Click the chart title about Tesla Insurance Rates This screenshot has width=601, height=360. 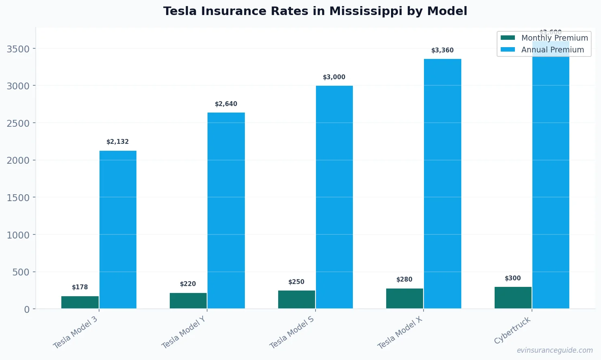pos(315,11)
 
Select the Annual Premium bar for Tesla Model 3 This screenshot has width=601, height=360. pos(118,230)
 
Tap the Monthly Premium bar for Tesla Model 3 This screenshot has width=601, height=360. pos(80,302)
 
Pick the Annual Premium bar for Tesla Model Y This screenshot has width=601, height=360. pos(226,210)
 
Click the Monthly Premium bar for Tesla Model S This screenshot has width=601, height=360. pos(296,299)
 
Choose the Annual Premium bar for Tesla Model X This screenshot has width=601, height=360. pos(443,184)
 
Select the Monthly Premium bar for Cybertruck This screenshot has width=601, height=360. pos(513,298)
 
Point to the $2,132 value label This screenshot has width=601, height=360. pos(118,142)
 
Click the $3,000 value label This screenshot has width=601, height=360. pos(334,77)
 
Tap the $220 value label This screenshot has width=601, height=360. pos(188,284)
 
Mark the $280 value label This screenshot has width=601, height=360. pos(404,280)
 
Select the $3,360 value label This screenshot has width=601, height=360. pos(443,50)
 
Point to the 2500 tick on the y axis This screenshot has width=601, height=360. pos(18,124)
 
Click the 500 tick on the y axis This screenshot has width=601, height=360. pos(21,272)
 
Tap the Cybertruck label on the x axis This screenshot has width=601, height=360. pos(512,330)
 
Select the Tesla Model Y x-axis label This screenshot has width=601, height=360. pos(183,333)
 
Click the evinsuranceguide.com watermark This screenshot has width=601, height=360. pos(555,350)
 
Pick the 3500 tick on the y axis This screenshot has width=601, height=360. pos(18,49)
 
